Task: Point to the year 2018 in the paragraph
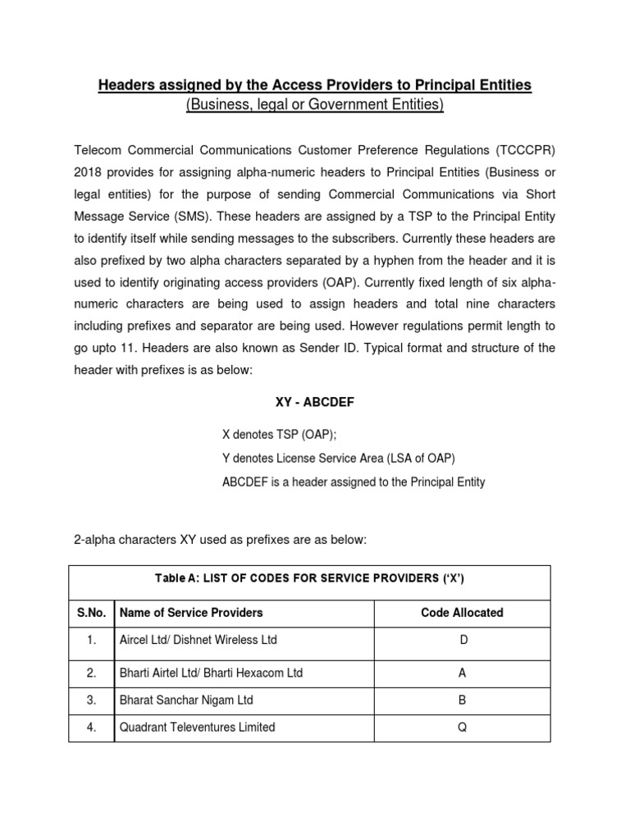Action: click(89, 172)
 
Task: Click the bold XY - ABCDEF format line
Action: click(314, 403)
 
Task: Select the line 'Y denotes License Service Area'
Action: click(338, 458)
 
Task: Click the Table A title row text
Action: click(309, 578)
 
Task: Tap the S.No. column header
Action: click(91, 613)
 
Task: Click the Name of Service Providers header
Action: click(191, 613)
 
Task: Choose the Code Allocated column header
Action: click(462, 613)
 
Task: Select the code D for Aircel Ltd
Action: click(463, 640)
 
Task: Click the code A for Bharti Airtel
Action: click(463, 673)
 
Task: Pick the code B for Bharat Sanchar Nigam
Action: click(463, 700)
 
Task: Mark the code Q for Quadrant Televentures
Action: click(463, 727)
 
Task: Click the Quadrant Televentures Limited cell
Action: click(197, 727)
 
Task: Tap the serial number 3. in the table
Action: click(91, 700)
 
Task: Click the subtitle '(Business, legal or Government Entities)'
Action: click(314, 105)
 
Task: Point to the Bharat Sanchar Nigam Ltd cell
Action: click(186, 700)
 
